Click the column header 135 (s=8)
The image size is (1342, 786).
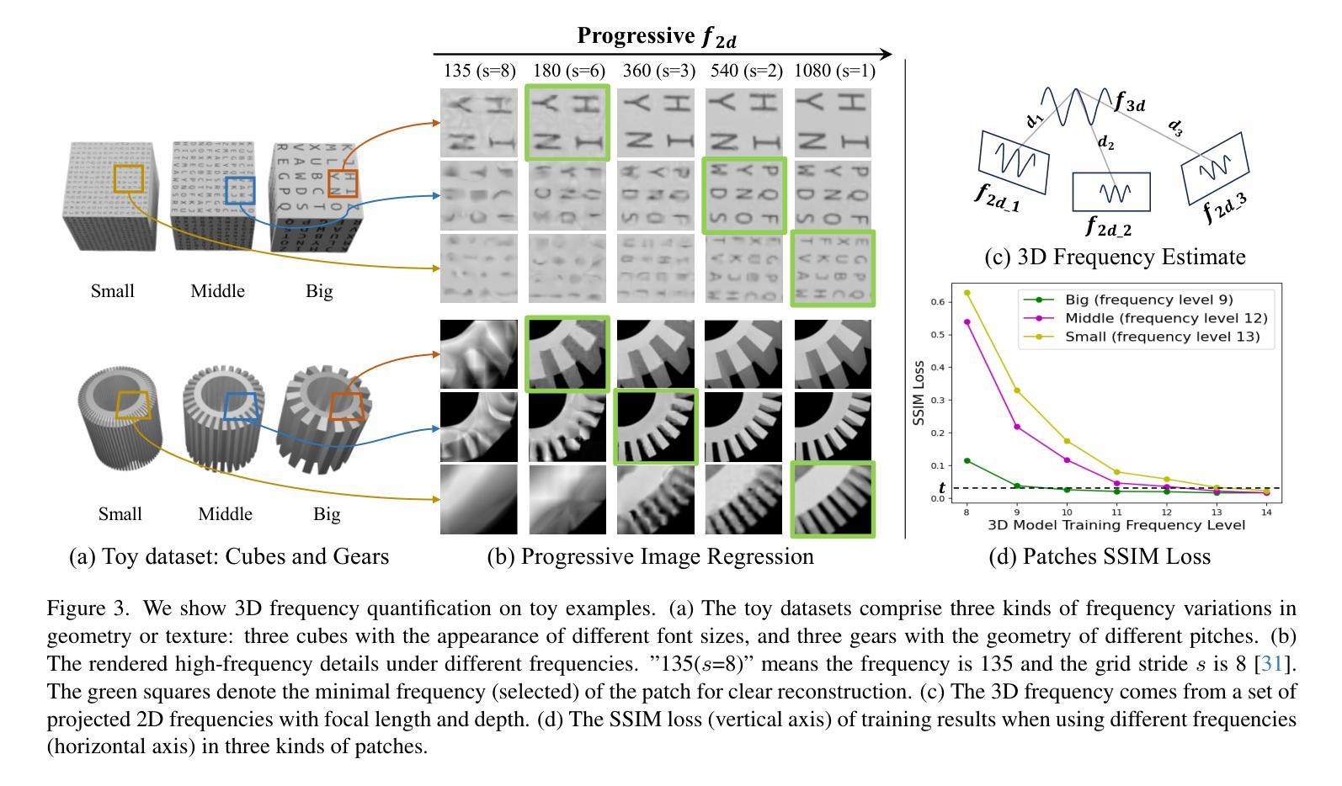coord(479,72)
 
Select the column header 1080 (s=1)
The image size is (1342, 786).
coord(834,72)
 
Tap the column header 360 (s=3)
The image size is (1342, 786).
coord(658,72)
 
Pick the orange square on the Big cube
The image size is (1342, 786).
coord(343,184)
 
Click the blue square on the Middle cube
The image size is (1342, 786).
coord(240,190)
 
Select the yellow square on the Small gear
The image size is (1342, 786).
coord(132,404)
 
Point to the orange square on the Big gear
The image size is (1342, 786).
coord(345,406)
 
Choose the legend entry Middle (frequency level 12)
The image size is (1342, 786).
coord(1165,318)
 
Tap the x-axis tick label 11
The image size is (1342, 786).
coord(1116,512)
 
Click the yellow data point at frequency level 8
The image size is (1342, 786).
coord(967,293)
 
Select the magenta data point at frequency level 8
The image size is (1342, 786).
coord(967,321)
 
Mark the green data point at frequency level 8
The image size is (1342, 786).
coord(967,460)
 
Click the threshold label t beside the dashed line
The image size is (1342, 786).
coord(941,488)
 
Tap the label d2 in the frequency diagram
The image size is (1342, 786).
coord(1105,144)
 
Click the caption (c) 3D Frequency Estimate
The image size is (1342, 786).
coord(1115,257)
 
